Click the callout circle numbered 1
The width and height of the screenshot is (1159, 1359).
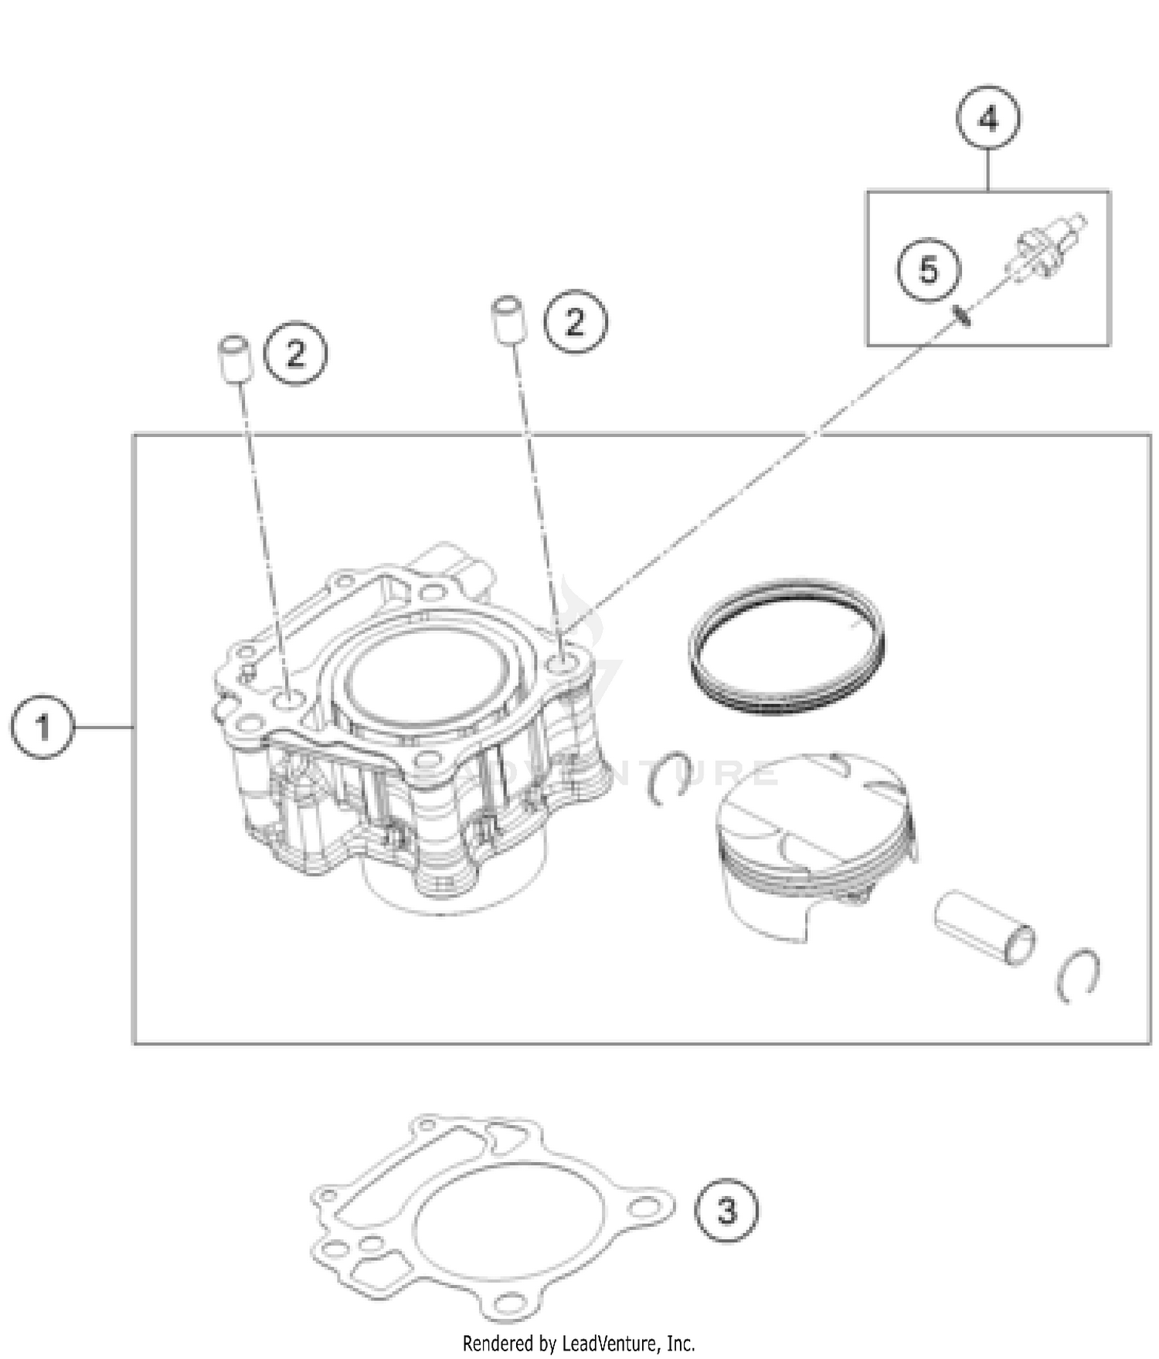click(x=42, y=727)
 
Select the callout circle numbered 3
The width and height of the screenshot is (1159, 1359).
click(x=726, y=1211)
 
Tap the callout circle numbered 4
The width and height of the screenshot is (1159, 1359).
click(x=988, y=120)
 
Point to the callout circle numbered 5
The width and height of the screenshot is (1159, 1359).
click(x=929, y=270)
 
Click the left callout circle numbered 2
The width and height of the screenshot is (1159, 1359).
click(x=296, y=354)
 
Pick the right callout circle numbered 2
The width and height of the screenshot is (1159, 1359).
click(x=576, y=321)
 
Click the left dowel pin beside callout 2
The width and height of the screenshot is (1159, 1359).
click(x=234, y=358)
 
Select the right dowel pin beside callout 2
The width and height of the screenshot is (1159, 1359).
click(x=507, y=318)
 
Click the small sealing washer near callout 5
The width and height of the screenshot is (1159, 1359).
click(x=963, y=315)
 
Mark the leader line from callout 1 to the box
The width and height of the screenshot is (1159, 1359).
click(x=104, y=727)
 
